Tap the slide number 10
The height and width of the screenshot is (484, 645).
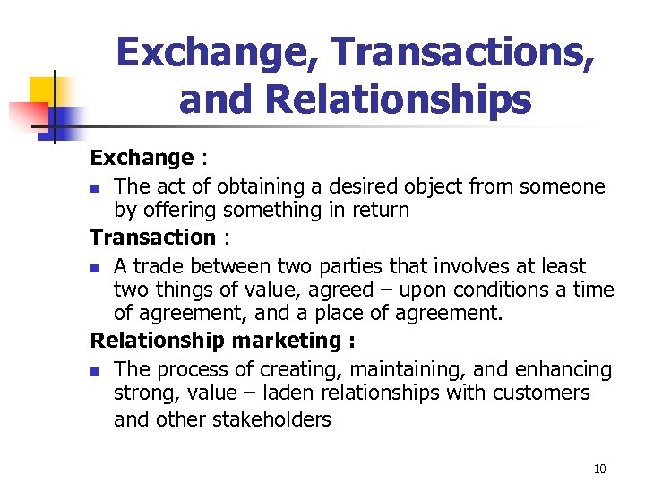599,469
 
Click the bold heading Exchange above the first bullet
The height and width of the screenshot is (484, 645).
142,158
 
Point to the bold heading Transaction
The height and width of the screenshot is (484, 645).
153,238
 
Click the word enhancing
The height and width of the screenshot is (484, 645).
568,369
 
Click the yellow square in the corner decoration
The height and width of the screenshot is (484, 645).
45,90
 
